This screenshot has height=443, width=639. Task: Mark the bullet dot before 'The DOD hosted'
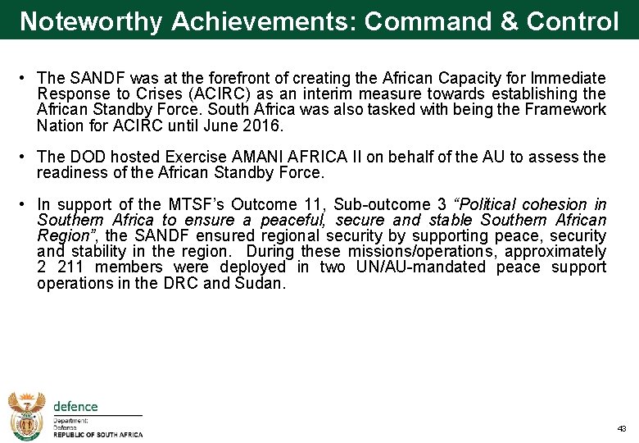point(25,157)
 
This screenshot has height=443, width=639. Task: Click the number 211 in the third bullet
point(70,267)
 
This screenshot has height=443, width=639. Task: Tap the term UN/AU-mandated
point(415,267)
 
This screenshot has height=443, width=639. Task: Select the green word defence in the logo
point(75,406)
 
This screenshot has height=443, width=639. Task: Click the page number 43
point(621,429)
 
